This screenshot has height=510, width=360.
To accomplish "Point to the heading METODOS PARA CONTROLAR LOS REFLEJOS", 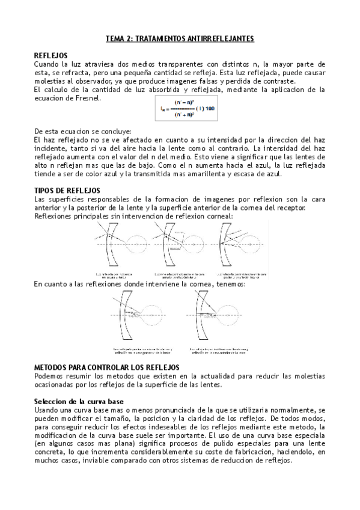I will coord(107,367).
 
